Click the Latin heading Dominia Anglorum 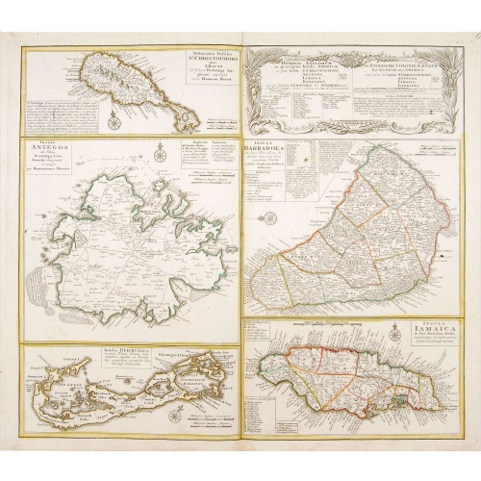pyautogui.click(x=288, y=62)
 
